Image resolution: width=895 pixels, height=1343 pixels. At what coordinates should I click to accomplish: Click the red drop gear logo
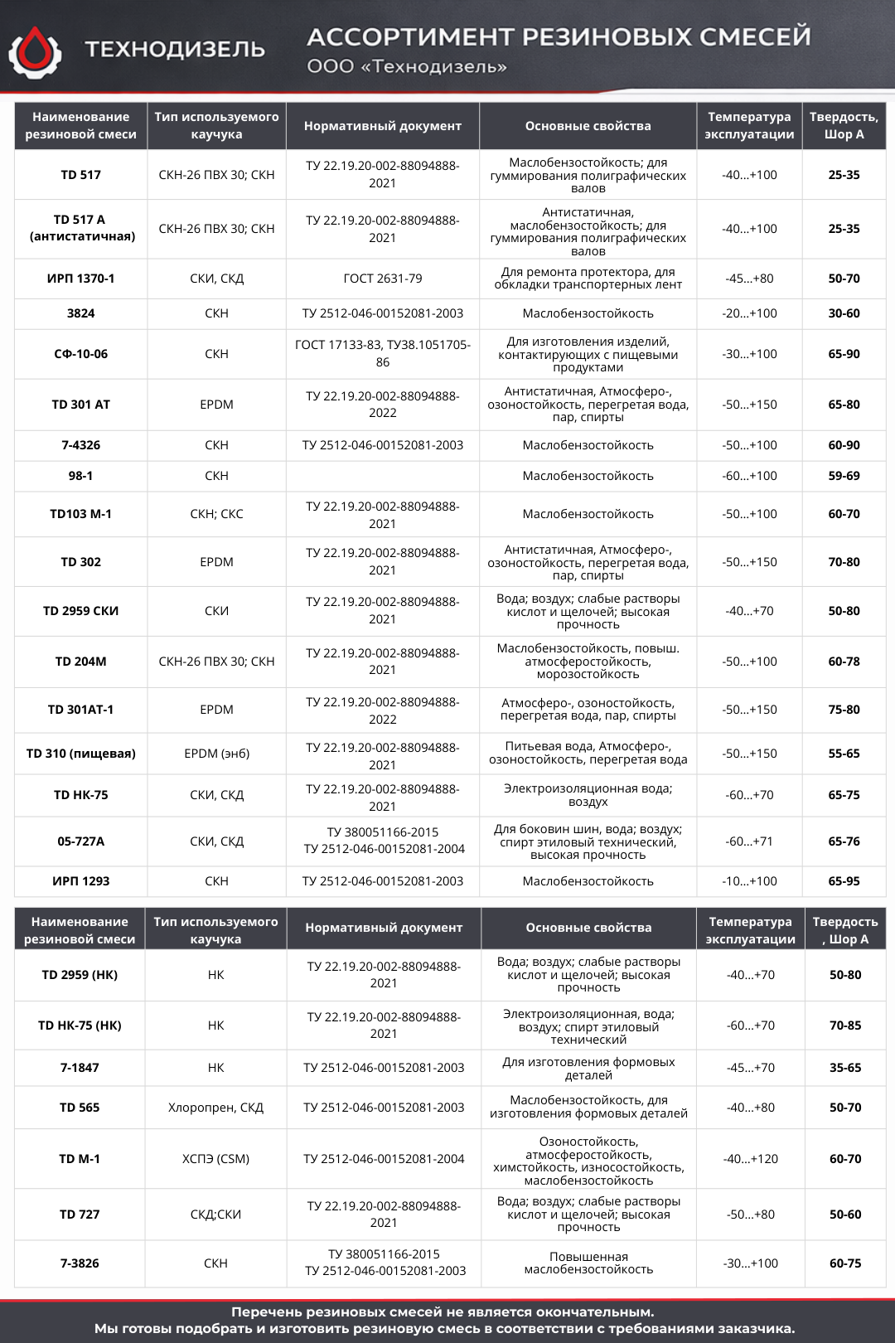(35, 51)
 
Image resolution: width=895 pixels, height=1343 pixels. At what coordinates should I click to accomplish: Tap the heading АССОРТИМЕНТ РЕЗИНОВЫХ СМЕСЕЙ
(559, 36)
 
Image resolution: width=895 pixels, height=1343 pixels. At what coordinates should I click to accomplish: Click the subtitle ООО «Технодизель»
(407, 67)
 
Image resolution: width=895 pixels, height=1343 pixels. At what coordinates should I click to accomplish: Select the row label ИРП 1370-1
(80, 279)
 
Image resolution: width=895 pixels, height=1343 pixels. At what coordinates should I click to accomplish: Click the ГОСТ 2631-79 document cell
(382, 279)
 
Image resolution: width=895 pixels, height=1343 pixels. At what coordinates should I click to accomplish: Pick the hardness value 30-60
(844, 313)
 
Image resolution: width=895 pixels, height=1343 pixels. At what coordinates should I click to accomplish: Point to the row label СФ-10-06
(80, 354)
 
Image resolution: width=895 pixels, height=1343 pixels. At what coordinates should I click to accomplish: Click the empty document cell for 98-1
(382, 476)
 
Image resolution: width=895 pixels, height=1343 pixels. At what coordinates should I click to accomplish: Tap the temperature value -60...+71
(749, 841)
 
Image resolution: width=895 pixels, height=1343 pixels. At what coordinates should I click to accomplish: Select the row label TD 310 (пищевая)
(80, 754)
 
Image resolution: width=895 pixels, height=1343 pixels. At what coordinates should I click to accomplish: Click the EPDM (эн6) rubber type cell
(216, 754)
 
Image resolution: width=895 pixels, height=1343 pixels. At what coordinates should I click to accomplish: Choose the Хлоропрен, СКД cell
(215, 1108)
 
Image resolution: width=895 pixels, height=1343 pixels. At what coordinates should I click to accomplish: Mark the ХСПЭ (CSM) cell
(215, 1159)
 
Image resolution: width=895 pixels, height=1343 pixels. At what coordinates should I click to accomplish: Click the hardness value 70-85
(845, 1025)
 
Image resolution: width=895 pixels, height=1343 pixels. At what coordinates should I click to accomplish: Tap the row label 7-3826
(80, 1263)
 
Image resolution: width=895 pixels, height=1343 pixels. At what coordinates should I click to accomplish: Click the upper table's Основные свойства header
(588, 126)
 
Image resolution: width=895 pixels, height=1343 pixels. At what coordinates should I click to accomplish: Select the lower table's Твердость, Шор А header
(845, 930)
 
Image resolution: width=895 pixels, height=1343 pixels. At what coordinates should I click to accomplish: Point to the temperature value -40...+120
(751, 1159)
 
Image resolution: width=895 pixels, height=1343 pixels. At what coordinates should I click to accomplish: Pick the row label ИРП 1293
(80, 881)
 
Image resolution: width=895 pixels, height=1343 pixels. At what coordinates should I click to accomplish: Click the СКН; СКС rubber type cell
(216, 514)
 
